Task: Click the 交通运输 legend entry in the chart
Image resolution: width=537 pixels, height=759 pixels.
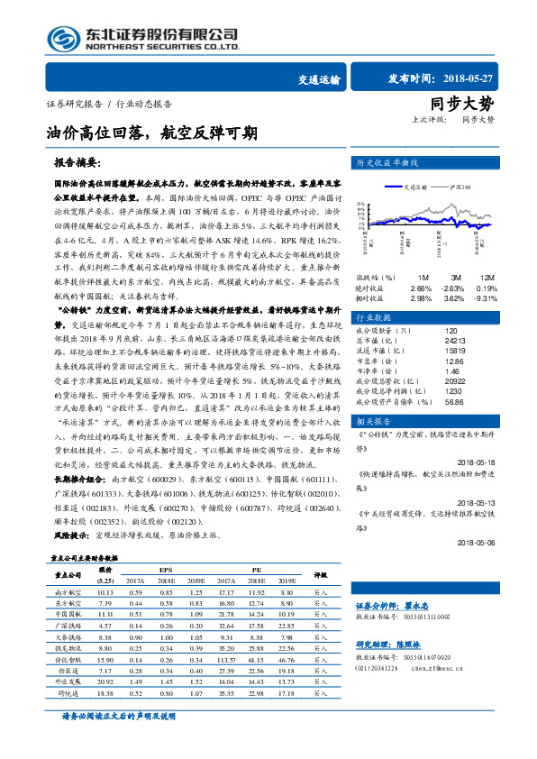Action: [409, 187]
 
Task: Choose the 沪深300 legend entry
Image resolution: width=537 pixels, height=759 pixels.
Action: [459, 187]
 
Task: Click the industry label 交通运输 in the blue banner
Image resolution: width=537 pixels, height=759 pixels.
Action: [319, 79]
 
